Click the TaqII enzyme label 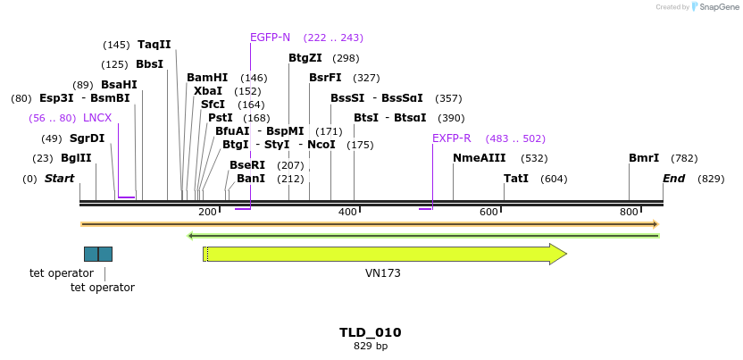pyautogui.click(x=154, y=45)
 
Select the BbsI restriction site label pyautogui.click(x=149, y=64)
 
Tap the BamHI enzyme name pyautogui.click(x=207, y=78)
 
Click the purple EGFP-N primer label pyautogui.click(x=270, y=38)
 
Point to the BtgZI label pyautogui.click(x=305, y=58)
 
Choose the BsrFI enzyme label pyautogui.click(x=325, y=78)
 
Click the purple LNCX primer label pyautogui.click(x=97, y=118)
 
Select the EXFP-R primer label pyautogui.click(x=451, y=138)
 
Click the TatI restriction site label pyautogui.click(x=516, y=179)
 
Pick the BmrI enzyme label pyautogui.click(x=644, y=158)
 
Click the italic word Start pyautogui.click(x=59, y=179)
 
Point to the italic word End pyautogui.click(x=673, y=179)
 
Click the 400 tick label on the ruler pyautogui.click(x=348, y=212)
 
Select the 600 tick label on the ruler pyautogui.click(x=488, y=212)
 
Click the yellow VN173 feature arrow pyautogui.click(x=384, y=255)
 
